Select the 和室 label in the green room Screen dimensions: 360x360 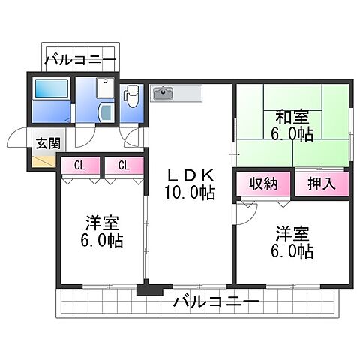pyautogui.click(x=293, y=117)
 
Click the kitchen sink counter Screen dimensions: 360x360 pyautogui.click(x=177, y=94)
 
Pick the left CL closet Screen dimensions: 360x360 pyautogui.click(x=79, y=166)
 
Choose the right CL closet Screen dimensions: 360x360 pyautogui.click(x=123, y=166)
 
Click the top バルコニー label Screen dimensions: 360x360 pyautogui.click(x=79, y=58)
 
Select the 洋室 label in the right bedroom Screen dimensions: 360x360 pyautogui.click(x=293, y=233)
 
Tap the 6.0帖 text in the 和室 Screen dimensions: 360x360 pyautogui.click(x=293, y=134)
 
